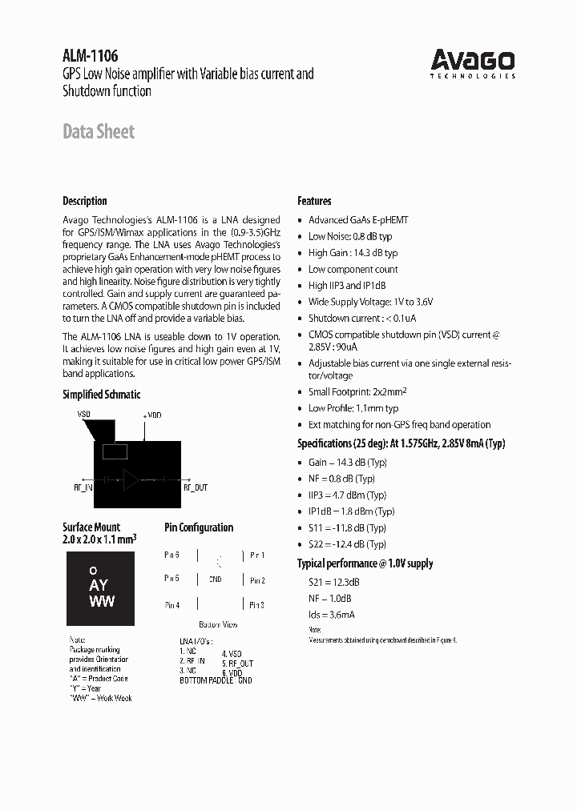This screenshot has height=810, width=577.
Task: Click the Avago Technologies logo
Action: tap(473, 62)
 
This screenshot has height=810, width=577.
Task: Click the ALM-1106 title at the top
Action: tap(91, 56)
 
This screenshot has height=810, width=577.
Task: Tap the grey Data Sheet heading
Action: tap(99, 132)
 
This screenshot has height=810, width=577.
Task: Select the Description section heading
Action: tap(85, 201)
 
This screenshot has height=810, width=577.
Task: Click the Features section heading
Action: tap(314, 201)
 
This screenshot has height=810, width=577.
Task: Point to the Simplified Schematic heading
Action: tap(101, 394)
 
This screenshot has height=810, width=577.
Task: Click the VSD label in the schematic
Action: tap(84, 415)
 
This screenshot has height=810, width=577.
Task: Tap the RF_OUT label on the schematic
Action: tap(196, 487)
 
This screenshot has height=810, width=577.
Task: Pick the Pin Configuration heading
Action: tap(199, 527)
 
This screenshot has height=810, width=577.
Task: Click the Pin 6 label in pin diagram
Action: tap(171, 555)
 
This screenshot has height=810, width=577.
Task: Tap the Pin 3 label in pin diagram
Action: tap(257, 605)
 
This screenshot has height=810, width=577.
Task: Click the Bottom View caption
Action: tap(218, 624)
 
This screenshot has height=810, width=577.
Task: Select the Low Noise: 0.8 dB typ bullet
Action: tap(350, 236)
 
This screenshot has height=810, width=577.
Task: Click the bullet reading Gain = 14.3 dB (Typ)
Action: tap(348, 462)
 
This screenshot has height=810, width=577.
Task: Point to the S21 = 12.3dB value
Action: tap(334, 582)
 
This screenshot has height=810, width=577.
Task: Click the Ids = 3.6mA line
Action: tap(332, 615)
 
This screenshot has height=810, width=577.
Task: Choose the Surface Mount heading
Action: tap(91, 527)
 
